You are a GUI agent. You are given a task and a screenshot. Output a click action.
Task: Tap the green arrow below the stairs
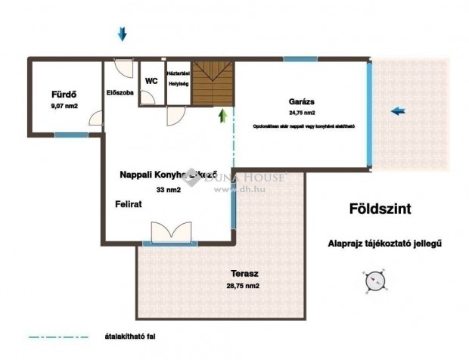pos(222,116)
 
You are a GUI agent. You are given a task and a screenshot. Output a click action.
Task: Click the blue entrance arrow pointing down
pos(123,33)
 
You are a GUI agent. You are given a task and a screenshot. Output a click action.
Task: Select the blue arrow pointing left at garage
pos(399,111)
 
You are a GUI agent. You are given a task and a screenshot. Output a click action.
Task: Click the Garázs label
pos(301,101)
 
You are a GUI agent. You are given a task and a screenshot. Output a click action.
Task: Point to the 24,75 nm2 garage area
pos(301,113)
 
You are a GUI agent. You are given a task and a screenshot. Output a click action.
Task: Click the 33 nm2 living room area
pos(169,190)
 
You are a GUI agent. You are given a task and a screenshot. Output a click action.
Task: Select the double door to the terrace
pos(170,231)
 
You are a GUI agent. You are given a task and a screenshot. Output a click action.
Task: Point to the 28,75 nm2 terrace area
pos(244,287)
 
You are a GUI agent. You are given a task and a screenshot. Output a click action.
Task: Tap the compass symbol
pos(374,281)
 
